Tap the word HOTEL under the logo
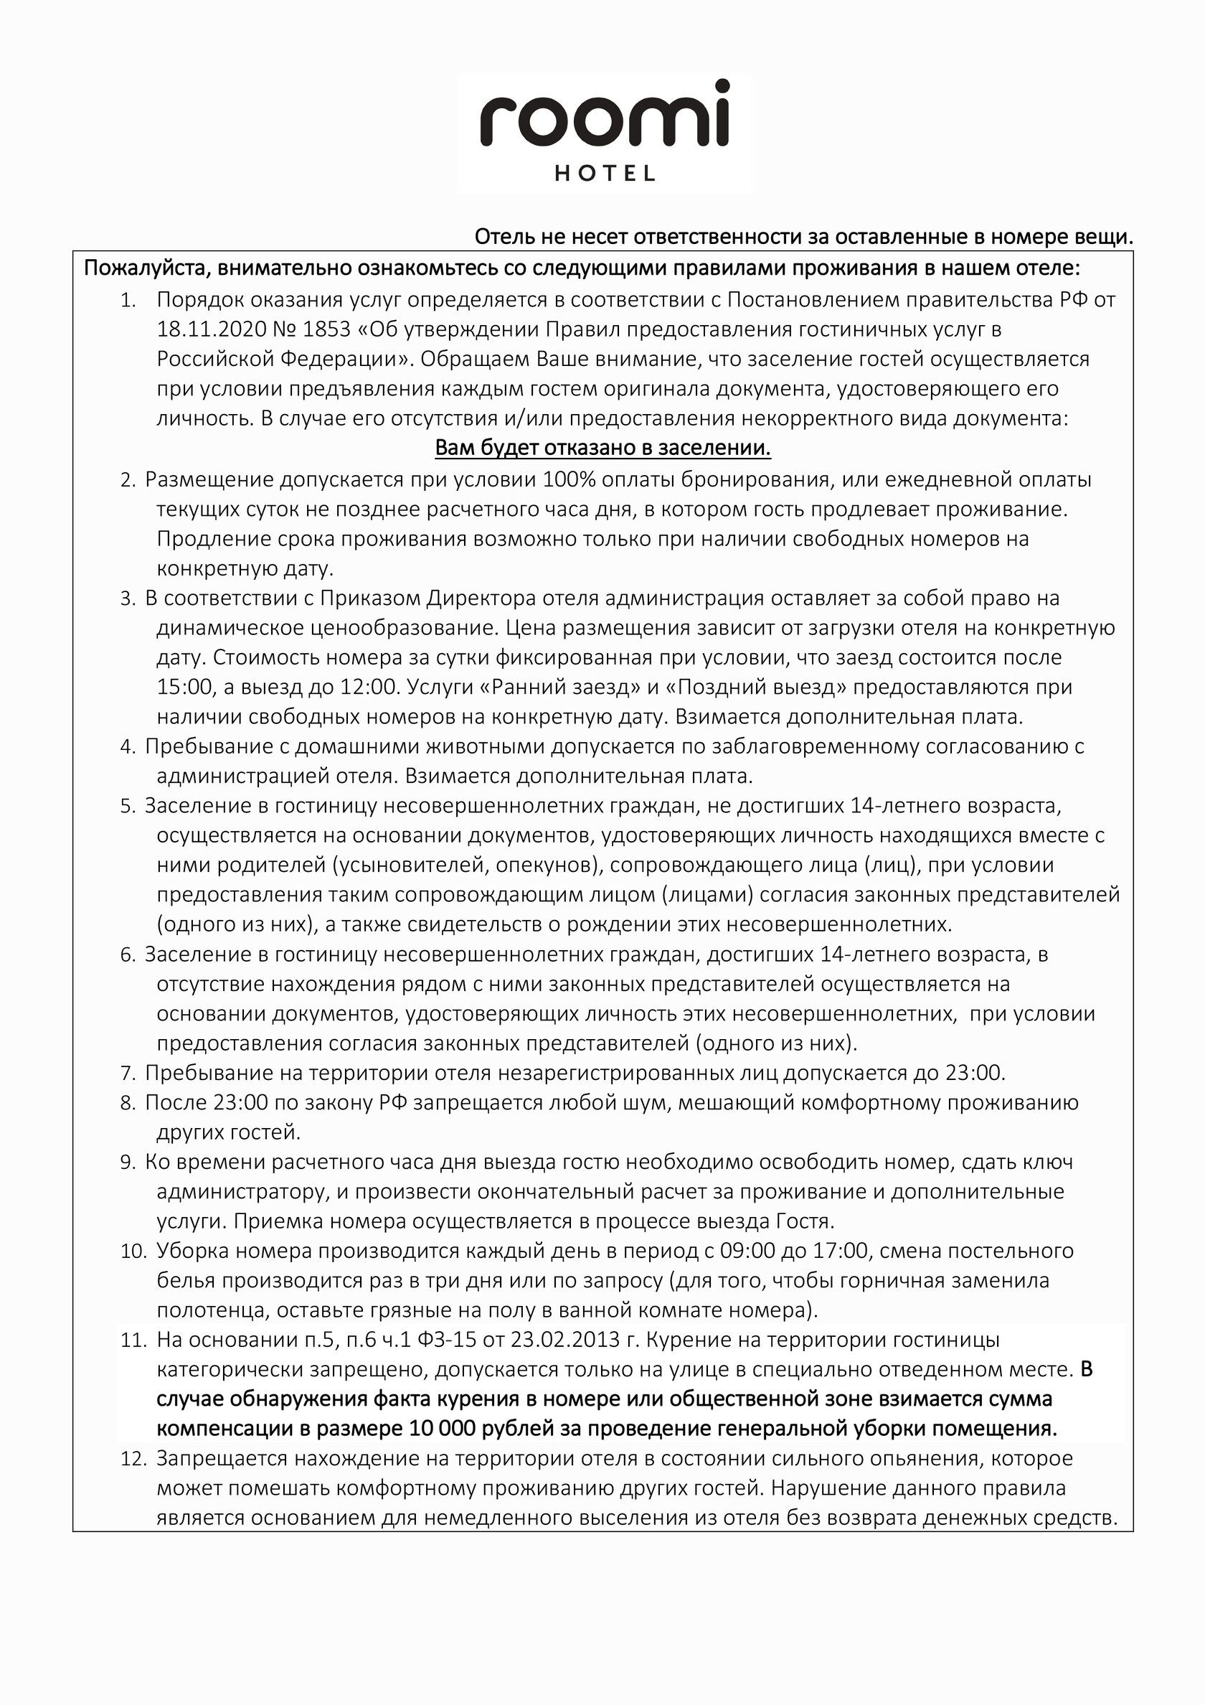pyautogui.click(x=605, y=174)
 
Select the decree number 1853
pyautogui.click(x=323, y=329)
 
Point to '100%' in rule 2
pyautogui.click(x=568, y=480)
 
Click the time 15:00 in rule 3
pyautogui.click(x=184, y=687)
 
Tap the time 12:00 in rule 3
pyautogui.click(x=367, y=687)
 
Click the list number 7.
pyautogui.click(x=128, y=1073)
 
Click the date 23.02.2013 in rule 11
pyautogui.click(x=565, y=1340)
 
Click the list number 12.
pyautogui.click(x=133, y=1459)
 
